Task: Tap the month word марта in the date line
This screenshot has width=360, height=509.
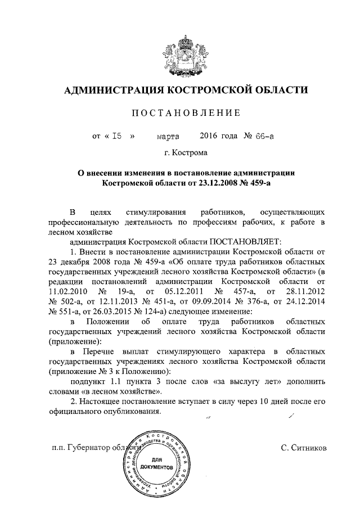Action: (168, 136)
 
